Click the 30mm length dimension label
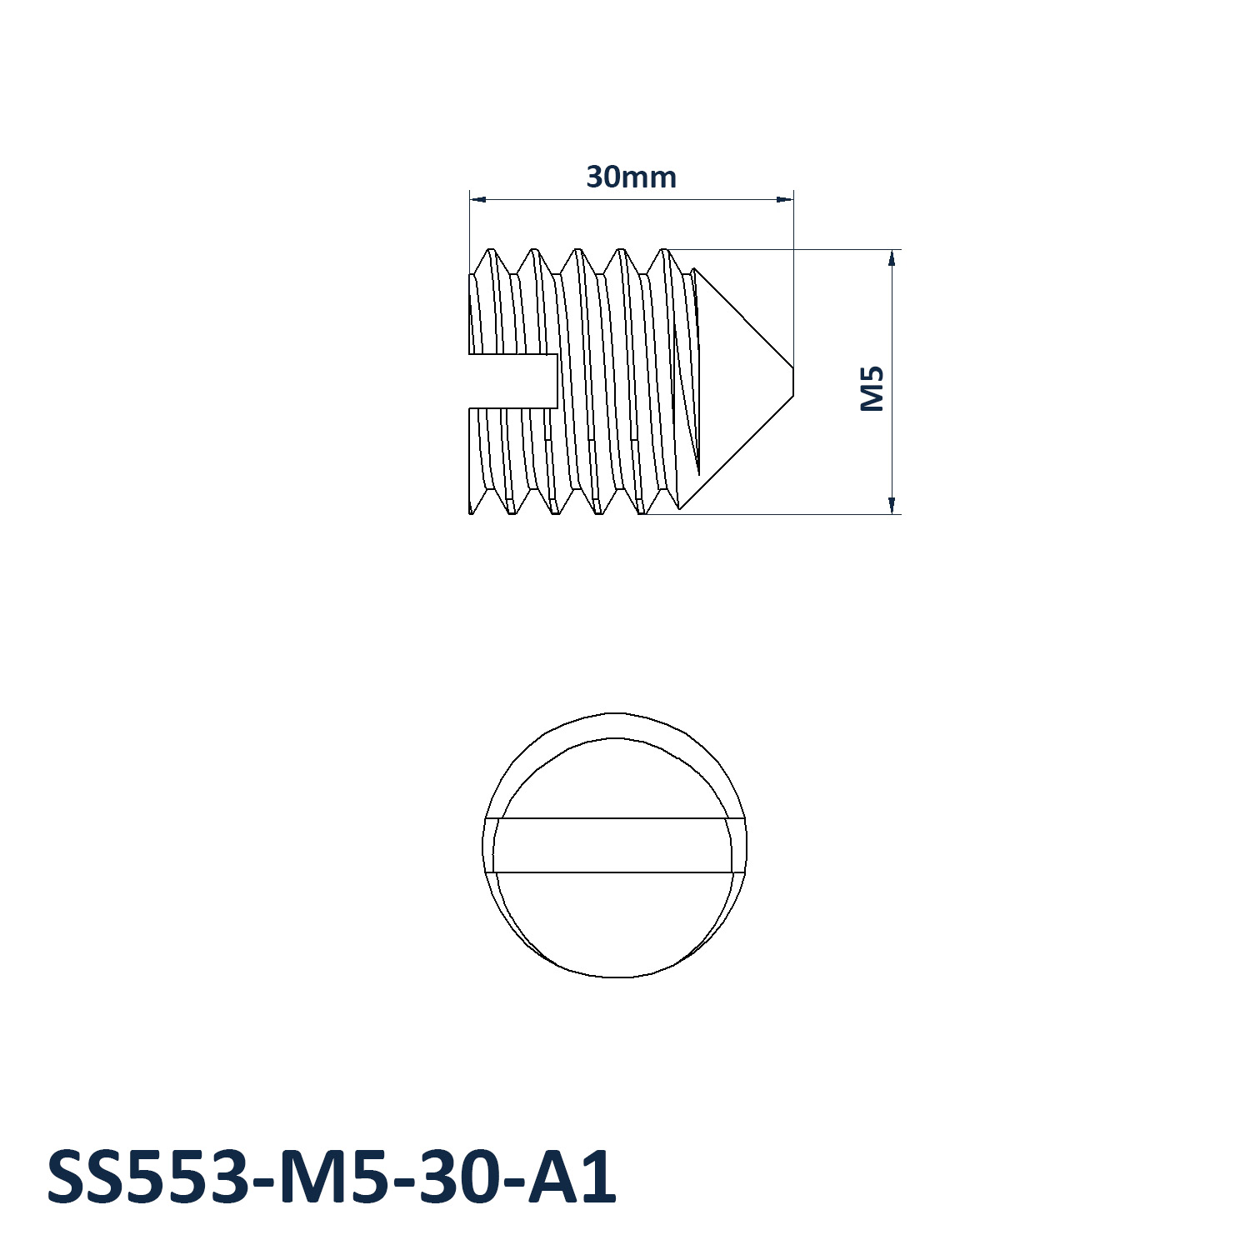pos(631,177)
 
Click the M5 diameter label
pos(872,389)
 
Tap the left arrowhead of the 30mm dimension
pos(478,199)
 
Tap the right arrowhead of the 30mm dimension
pos(784,199)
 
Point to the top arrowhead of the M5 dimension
pos(892,257)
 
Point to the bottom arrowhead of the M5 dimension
pos(892,505)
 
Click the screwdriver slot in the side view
pos(513,381)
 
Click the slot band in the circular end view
pos(615,845)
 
